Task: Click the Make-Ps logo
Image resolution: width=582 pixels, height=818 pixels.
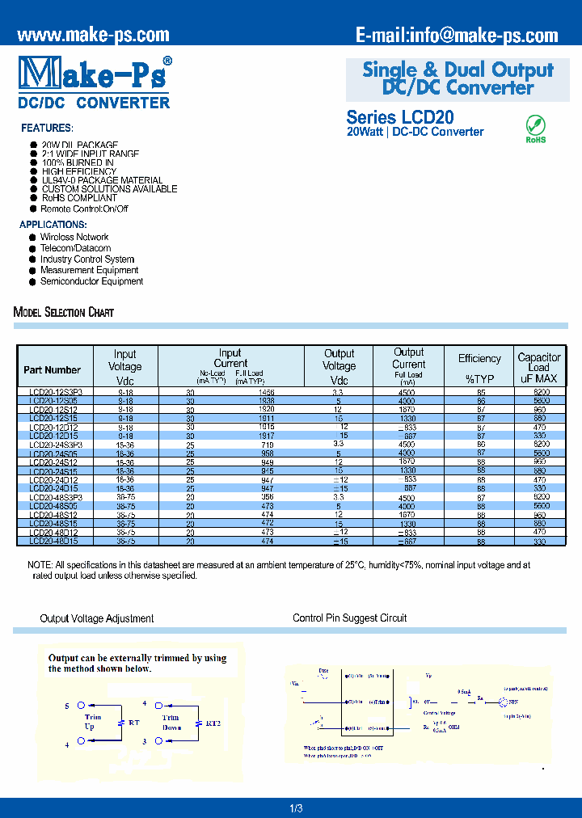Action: (93, 74)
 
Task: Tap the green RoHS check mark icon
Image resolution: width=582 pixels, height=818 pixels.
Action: (535, 125)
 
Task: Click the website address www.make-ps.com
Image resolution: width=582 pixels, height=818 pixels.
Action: (93, 35)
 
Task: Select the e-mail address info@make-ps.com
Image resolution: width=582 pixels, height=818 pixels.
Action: (457, 35)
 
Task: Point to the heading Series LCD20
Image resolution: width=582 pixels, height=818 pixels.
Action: (400, 116)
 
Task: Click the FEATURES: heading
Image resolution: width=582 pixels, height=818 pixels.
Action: (47, 129)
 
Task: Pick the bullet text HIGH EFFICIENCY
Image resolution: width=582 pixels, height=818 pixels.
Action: (79, 171)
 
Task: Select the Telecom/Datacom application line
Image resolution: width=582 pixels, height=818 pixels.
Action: (75, 248)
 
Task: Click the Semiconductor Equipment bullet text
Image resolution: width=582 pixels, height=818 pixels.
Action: (91, 281)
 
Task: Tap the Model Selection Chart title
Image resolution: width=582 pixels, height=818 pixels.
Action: (64, 312)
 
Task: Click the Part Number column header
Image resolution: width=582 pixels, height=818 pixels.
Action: (52, 370)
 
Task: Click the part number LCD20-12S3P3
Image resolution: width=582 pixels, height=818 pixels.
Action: (56, 391)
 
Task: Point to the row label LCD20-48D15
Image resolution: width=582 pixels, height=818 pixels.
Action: (53, 541)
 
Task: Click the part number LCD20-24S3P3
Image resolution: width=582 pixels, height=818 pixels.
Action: (56, 445)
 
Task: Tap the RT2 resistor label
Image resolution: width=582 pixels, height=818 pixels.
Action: (213, 723)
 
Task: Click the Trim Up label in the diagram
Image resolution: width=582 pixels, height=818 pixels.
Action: (92, 722)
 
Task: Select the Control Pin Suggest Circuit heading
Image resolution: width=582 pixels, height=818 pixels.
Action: (349, 618)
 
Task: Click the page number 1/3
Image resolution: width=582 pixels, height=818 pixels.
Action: (296, 808)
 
